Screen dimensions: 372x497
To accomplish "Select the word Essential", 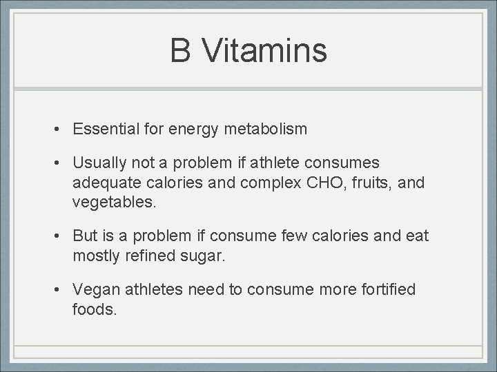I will (x=107, y=129).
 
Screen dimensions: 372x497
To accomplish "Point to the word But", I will (x=86, y=236).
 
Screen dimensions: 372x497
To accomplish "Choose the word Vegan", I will (x=95, y=290).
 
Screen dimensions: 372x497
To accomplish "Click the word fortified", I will (x=388, y=290).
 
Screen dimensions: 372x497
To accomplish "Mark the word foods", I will (x=94, y=309).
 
